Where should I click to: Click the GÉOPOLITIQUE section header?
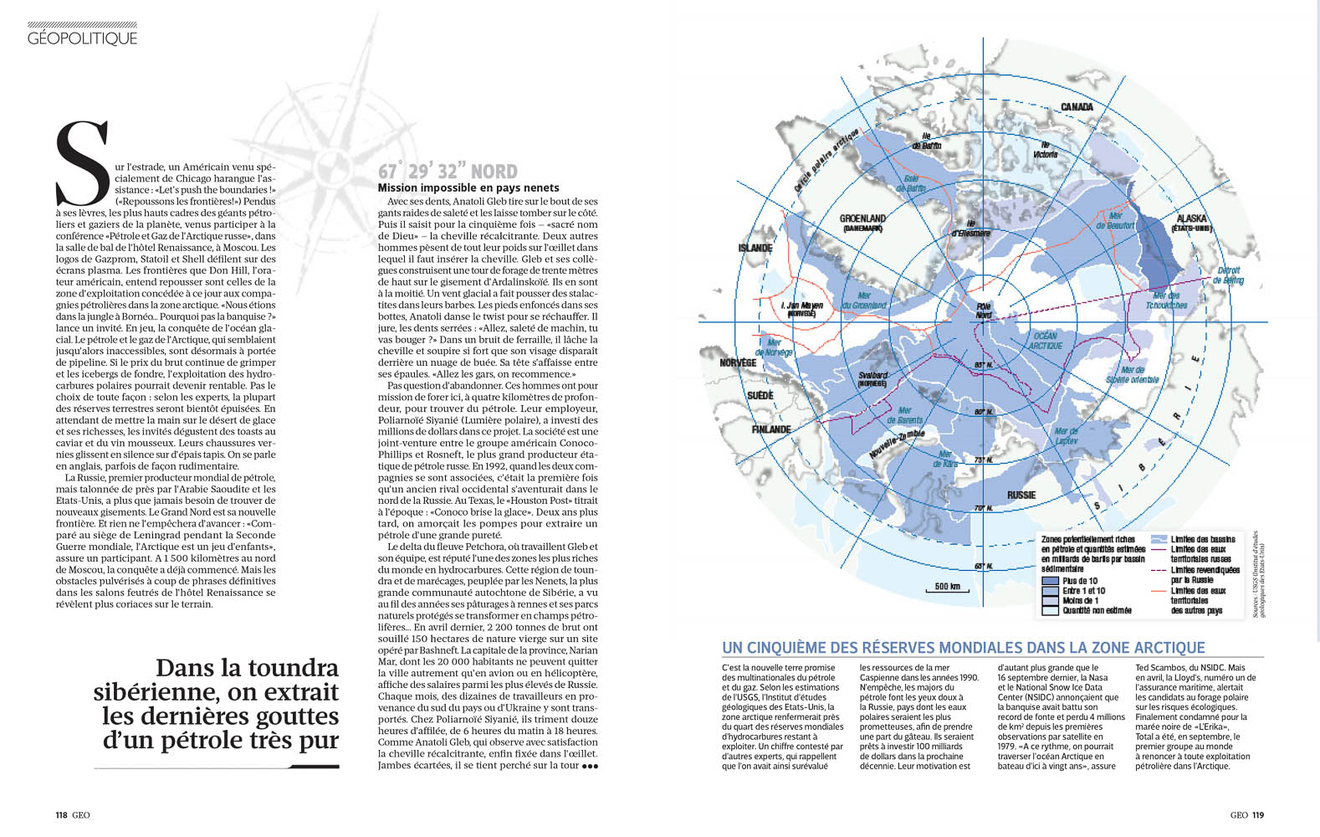coord(82,38)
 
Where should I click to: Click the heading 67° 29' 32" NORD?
coord(448,172)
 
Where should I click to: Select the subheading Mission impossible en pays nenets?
coord(468,187)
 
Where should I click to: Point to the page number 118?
coord(61,814)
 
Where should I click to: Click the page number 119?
coord(1258,814)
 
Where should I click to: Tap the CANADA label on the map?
coord(1077,107)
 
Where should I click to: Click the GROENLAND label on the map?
coord(862,218)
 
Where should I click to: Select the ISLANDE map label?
coord(755,248)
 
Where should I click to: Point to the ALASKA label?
coord(1191,218)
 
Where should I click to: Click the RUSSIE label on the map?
coord(1021,495)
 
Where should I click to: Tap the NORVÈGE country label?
coord(738,362)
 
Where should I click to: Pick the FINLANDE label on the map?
coord(770,429)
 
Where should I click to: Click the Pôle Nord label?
coord(984,311)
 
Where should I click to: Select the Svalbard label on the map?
coord(872,376)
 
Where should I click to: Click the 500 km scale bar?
coord(947,588)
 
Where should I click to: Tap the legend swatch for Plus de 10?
coord(1050,581)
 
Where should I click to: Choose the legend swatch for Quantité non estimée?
coord(1050,611)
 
